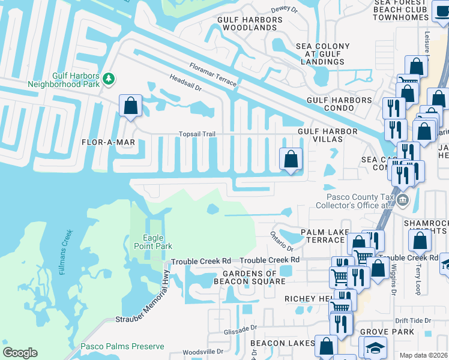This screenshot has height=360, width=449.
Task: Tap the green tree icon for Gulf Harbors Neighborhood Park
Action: click(x=109, y=78)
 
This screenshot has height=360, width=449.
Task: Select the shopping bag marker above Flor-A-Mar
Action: click(x=130, y=106)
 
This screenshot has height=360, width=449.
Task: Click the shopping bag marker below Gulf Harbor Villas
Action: click(x=291, y=160)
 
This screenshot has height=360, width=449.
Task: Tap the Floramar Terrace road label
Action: click(x=212, y=75)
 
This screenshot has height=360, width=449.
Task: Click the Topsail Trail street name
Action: click(x=196, y=134)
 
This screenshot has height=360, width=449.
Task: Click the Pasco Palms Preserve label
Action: click(x=122, y=347)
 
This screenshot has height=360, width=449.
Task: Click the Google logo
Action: click(x=20, y=353)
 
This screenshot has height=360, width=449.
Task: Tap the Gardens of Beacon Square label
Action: click(x=246, y=278)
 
